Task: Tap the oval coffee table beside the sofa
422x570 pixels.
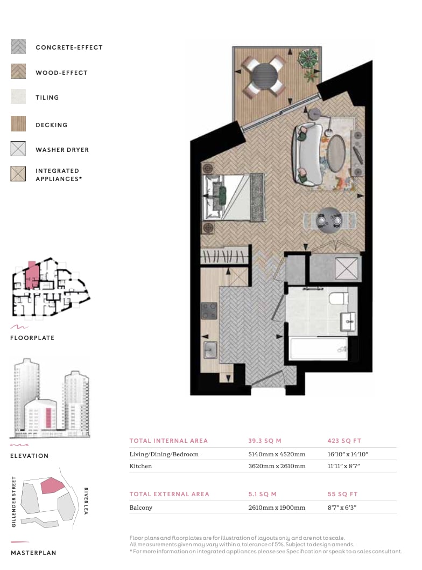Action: point(336,153)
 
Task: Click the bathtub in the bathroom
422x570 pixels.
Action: point(319,349)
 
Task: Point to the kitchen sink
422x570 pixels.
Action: point(210,350)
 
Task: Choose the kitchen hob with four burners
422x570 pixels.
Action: point(209,311)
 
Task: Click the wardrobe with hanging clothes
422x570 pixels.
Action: point(225,256)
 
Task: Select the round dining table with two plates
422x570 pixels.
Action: point(329,220)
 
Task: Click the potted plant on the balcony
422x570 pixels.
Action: point(307,58)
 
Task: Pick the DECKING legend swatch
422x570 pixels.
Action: point(18,123)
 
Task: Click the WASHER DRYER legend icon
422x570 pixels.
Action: point(18,149)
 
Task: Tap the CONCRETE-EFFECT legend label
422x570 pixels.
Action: point(69,47)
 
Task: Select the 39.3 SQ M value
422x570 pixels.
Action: point(265,441)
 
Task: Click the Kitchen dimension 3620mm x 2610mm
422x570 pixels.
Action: point(277,466)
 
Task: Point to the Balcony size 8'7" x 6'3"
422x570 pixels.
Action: point(342,508)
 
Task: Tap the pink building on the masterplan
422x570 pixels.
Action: point(52,485)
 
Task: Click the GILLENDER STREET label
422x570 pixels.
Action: point(14,502)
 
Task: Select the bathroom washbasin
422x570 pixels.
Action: point(348,321)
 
